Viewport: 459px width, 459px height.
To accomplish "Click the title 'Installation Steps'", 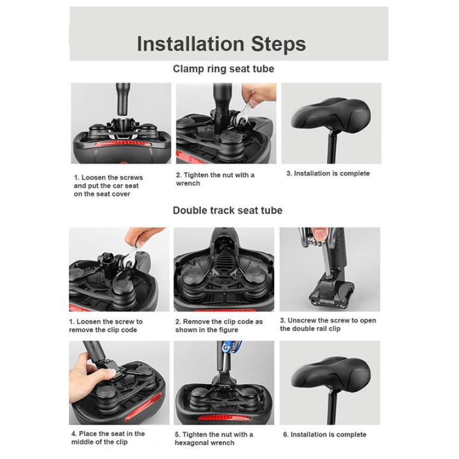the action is coord(221,44).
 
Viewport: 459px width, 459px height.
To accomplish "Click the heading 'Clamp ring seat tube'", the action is coord(223,69).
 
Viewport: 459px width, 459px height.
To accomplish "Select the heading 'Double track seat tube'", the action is coord(228,210).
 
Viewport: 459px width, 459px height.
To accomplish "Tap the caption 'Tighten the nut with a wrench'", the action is coord(215,179).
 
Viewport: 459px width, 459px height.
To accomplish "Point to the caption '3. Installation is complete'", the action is coord(328,173).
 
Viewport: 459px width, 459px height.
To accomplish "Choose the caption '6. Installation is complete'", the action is coord(324,435).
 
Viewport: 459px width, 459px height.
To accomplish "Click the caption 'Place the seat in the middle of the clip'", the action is coord(108,437).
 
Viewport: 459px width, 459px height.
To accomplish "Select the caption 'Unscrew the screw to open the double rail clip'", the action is coord(328,324).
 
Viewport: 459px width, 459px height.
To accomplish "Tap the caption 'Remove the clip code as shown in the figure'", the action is coord(219,326).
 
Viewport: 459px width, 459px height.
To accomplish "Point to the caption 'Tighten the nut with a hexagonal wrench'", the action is coord(214,439).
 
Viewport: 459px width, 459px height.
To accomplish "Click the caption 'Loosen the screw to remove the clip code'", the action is coord(106,326).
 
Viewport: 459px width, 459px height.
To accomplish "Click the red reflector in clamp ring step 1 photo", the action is coord(122,143).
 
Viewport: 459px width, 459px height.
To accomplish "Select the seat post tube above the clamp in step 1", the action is coord(123,99).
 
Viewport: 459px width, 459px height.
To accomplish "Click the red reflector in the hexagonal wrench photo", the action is coord(224,418).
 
